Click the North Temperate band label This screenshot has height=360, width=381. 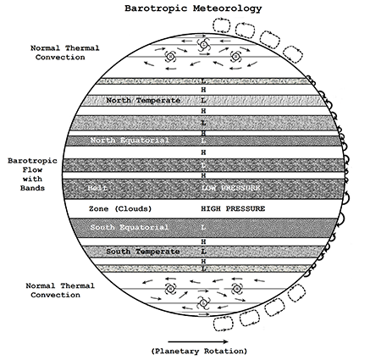pyautogui.click(x=143, y=101)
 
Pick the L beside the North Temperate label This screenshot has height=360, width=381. pyautogui.click(x=203, y=101)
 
